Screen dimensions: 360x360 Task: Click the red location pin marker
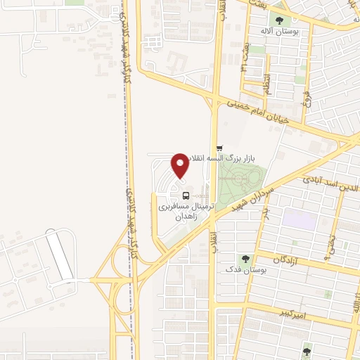(x=180, y=165)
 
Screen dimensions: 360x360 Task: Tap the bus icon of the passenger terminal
(x=186, y=195)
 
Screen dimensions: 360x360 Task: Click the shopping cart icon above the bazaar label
(x=220, y=148)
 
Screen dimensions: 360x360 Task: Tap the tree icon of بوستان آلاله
(x=281, y=20)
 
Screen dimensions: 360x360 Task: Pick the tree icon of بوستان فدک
(x=245, y=259)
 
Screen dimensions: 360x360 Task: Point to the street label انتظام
(x=266, y=70)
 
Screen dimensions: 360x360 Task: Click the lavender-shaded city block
(x=297, y=219)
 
